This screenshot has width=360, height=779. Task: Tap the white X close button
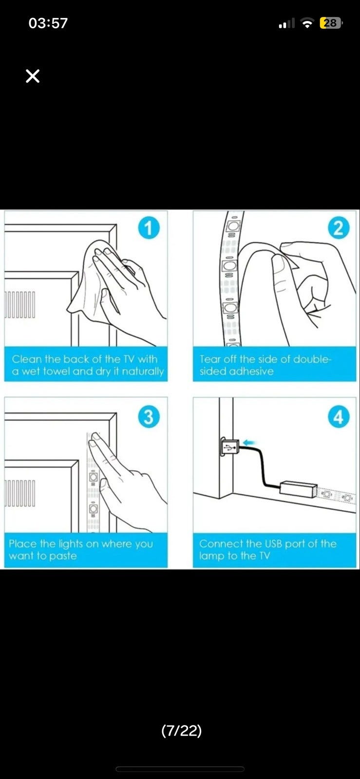[x=33, y=76]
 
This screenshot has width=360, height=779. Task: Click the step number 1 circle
[x=149, y=228]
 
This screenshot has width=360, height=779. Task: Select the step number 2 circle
[x=339, y=228]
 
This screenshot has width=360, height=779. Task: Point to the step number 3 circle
[x=149, y=417]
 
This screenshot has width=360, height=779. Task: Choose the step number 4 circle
[x=339, y=417]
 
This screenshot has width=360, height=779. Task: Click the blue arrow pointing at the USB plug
[x=250, y=443]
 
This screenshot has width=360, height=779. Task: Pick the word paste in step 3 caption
[x=63, y=556]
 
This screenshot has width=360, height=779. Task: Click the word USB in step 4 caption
[x=273, y=543]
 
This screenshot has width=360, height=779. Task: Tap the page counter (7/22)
[x=182, y=730]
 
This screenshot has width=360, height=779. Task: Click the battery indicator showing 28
[x=330, y=23]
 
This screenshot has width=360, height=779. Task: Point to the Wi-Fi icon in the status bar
[x=307, y=23]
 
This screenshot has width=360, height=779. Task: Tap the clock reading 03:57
[x=48, y=23]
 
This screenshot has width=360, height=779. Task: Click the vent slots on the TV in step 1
[x=20, y=304]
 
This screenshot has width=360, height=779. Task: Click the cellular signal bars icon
[x=286, y=24]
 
